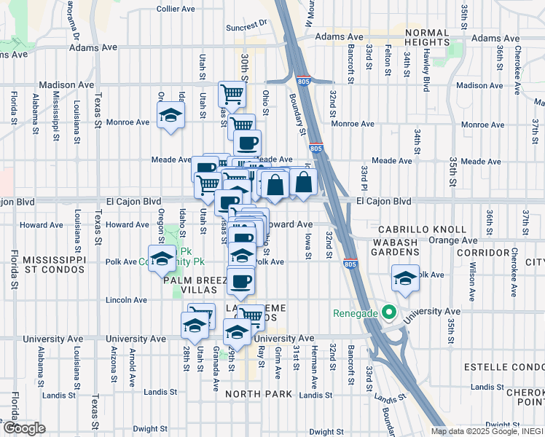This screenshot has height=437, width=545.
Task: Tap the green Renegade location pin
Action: click(x=389, y=314)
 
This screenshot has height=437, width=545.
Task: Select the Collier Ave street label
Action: click(x=176, y=9)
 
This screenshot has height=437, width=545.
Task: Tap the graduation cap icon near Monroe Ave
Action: click(x=170, y=115)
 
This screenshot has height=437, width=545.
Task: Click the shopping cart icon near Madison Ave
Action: click(x=231, y=92)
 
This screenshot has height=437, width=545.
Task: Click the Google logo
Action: click(x=24, y=428)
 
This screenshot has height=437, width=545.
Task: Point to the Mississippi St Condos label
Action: click(x=55, y=266)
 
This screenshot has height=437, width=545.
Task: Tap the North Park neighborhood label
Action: click(x=259, y=394)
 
